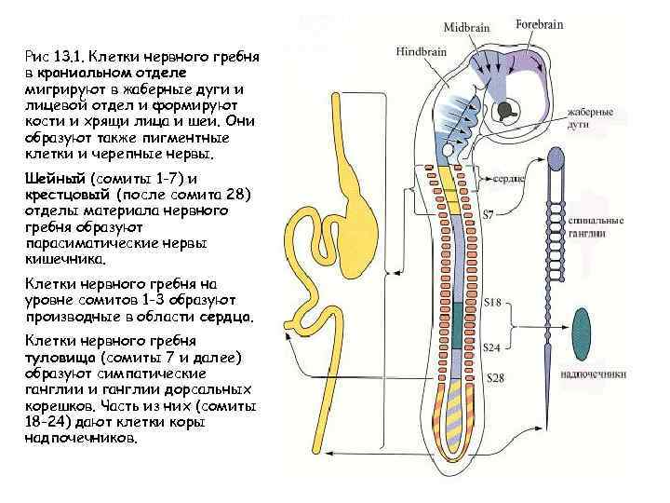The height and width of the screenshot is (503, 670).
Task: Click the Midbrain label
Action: [x=466, y=28]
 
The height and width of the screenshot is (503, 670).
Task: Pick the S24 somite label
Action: [x=494, y=347]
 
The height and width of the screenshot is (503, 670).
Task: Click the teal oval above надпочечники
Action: [x=582, y=333]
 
